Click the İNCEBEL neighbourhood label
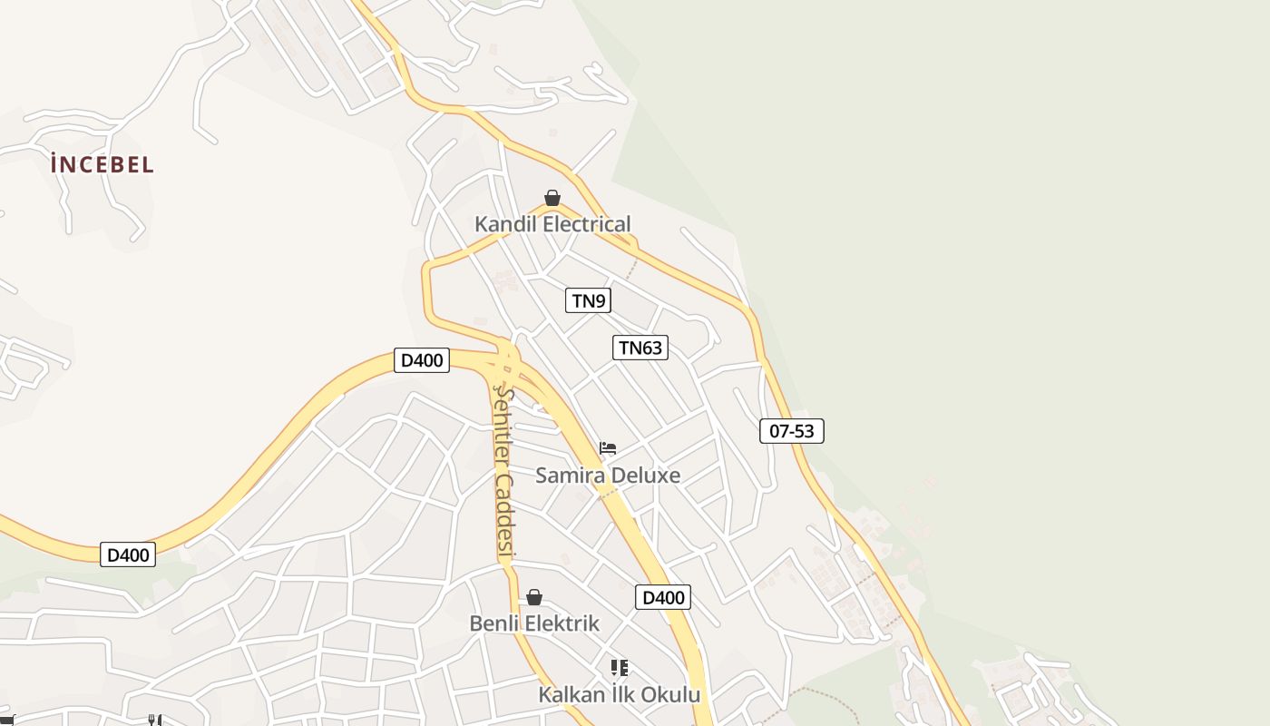point(103,164)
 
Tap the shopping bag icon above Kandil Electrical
point(552,198)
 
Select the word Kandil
point(503,224)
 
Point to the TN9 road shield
point(588,300)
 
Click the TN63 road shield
point(640,348)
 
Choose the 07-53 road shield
point(792,431)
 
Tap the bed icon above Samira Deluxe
point(608,448)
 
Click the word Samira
point(569,476)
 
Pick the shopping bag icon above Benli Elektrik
point(534,597)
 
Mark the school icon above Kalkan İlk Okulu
point(620,669)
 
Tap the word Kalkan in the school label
point(571,695)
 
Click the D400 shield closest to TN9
point(422,360)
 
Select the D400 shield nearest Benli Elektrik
point(663,597)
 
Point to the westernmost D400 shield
point(128,554)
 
